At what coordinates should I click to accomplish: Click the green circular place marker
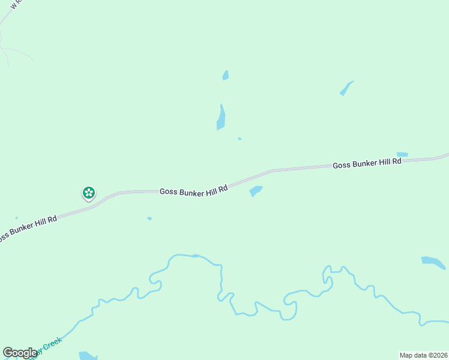click(89, 193)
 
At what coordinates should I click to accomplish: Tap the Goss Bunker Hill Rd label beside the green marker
click(194, 190)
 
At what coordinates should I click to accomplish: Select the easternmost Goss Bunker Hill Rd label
click(367, 164)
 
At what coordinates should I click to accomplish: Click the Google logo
click(20, 353)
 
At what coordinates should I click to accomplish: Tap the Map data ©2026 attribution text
click(423, 355)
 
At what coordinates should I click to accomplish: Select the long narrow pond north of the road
click(221, 118)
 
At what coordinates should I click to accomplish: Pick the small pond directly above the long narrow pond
click(226, 76)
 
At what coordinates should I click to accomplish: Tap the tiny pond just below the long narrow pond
click(240, 139)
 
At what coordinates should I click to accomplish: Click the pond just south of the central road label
click(256, 191)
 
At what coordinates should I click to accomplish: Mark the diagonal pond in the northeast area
click(346, 88)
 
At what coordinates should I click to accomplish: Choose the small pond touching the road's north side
click(402, 154)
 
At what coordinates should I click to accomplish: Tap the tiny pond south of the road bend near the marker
click(149, 218)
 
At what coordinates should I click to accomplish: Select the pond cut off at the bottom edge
click(87, 356)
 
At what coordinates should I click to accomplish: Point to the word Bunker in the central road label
click(196, 190)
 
